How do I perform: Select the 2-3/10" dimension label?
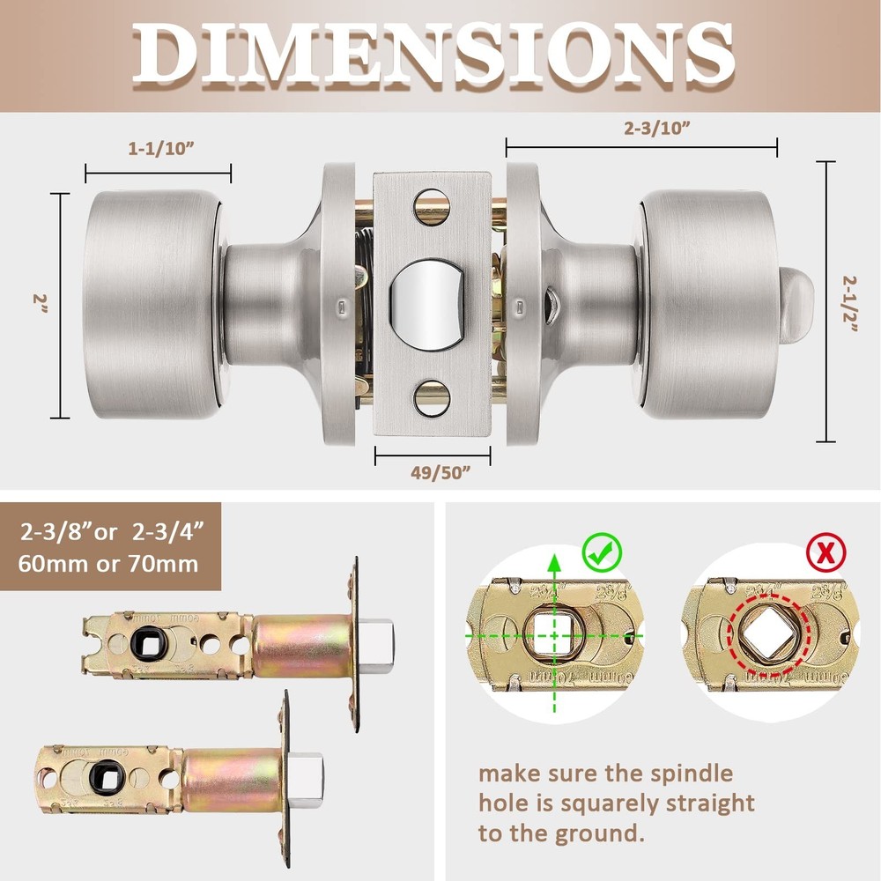[x=657, y=127]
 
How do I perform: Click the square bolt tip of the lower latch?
[x=309, y=773]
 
